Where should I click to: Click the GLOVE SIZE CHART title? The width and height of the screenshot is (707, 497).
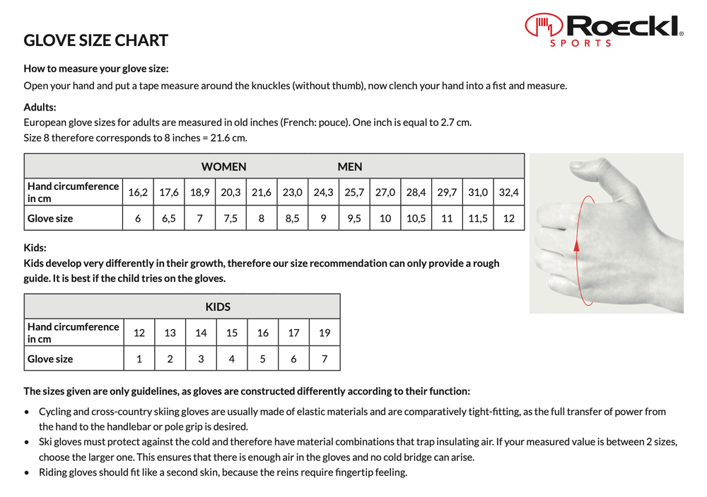96,40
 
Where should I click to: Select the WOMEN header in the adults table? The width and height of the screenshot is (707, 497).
224,167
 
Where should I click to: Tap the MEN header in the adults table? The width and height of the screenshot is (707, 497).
350,167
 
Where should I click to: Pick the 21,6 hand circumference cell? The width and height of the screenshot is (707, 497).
262,192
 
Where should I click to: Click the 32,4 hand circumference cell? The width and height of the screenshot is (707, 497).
508,192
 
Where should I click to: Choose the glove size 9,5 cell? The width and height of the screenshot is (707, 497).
354,219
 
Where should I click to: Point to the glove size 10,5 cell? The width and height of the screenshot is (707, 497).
416,219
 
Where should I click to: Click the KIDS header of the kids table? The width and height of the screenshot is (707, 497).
218,307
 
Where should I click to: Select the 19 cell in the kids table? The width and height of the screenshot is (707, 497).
325,333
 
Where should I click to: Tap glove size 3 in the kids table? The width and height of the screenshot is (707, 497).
201,359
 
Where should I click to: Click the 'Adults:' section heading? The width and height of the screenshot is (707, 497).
40,108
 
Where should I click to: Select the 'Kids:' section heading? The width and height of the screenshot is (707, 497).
35,248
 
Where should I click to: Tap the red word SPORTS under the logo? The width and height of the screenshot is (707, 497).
581,43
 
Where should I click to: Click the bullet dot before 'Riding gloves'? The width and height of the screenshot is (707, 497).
27,472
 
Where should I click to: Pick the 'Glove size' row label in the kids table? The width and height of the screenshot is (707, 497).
50,359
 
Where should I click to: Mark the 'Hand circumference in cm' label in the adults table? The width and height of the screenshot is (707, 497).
73,192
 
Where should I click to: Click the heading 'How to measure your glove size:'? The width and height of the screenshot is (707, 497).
96,69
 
